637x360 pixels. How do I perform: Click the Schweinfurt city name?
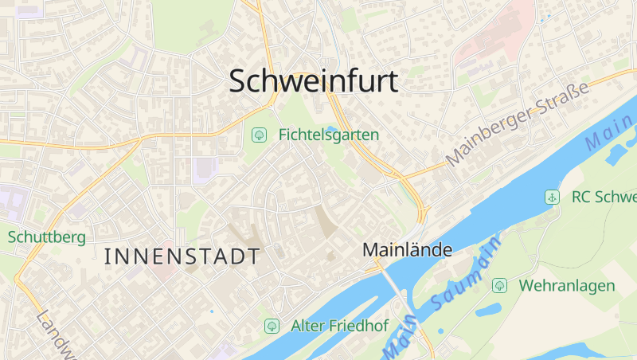(x=314, y=81)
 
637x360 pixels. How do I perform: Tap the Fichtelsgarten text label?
(x=328, y=135)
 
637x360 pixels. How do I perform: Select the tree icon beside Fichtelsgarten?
(x=259, y=135)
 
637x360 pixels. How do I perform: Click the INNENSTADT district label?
(x=182, y=256)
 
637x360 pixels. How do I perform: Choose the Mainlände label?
(x=407, y=249)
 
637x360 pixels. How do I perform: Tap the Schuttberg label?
(x=46, y=237)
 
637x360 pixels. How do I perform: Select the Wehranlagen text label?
(x=567, y=285)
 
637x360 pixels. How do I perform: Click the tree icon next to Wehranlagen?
(x=500, y=285)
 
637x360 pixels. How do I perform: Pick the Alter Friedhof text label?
(x=339, y=326)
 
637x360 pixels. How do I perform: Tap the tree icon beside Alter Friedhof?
(x=272, y=326)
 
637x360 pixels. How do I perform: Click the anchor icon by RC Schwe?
(x=551, y=197)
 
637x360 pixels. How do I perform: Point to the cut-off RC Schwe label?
(x=604, y=197)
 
